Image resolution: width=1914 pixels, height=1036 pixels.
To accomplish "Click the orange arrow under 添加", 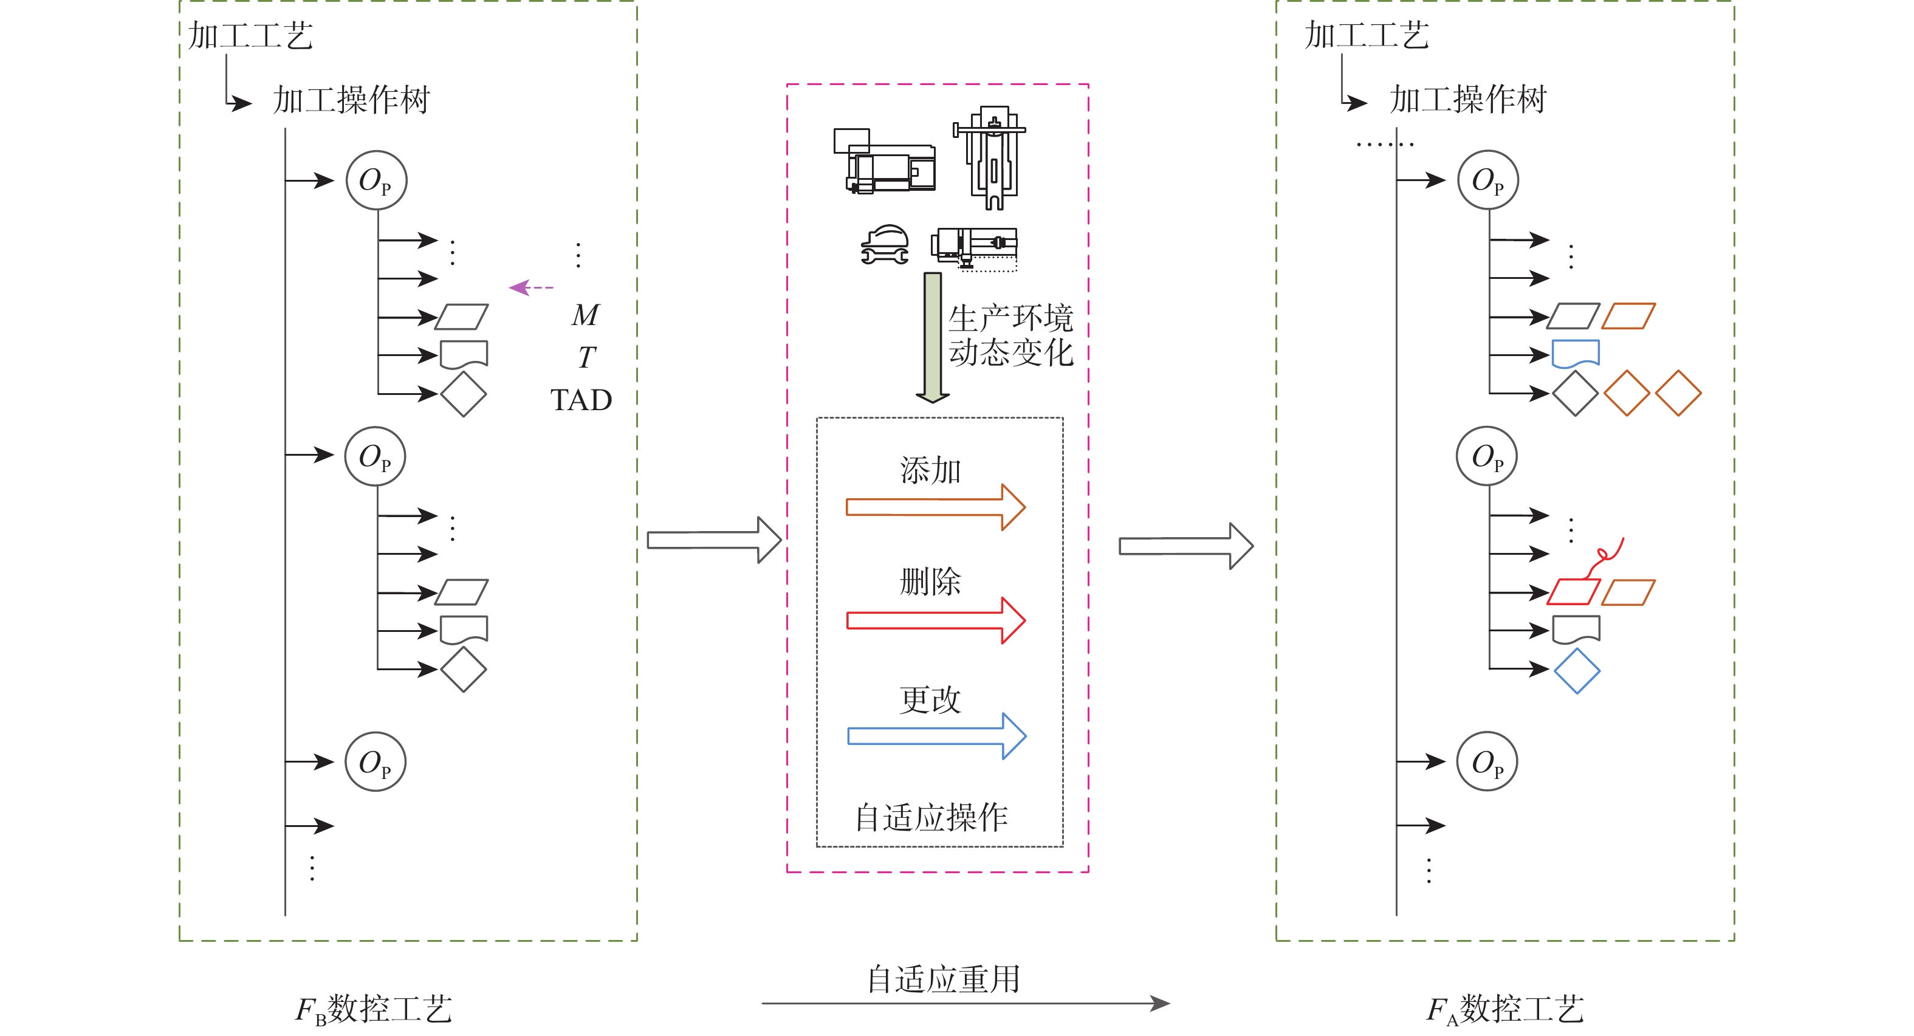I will [x=935, y=507].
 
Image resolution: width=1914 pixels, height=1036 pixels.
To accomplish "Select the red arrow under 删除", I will [x=935, y=620].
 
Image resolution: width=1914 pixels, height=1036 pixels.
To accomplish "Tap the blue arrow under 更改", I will [x=936, y=736].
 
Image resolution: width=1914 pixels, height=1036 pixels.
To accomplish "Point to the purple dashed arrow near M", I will [x=530, y=287].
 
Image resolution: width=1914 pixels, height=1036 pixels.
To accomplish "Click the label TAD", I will [x=581, y=400].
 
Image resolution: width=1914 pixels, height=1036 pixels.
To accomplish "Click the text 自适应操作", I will [x=931, y=817].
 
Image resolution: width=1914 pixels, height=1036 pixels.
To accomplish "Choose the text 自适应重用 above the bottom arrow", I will [x=944, y=979].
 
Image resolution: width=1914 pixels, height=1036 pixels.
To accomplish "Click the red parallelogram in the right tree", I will [x=1573, y=592].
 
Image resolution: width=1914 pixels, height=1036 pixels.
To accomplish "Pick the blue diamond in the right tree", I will [x=1577, y=671].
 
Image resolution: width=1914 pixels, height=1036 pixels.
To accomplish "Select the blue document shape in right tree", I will [x=1575, y=354].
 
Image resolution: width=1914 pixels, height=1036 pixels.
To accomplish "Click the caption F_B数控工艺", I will [x=373, y=1010].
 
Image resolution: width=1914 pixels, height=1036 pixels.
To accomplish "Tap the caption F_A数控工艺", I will [x=1505, y=1010].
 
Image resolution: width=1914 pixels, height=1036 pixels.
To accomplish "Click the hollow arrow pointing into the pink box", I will [x=713, y=540].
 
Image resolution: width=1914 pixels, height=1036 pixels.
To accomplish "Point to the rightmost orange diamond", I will [x=1678, y=393].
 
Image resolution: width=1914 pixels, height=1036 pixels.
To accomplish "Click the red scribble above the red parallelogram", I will [x=1607, y=555].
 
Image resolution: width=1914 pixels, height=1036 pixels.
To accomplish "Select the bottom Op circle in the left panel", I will [x=376, y=762].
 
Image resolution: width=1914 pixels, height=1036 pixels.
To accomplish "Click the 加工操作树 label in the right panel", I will [x=1467, y=100].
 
